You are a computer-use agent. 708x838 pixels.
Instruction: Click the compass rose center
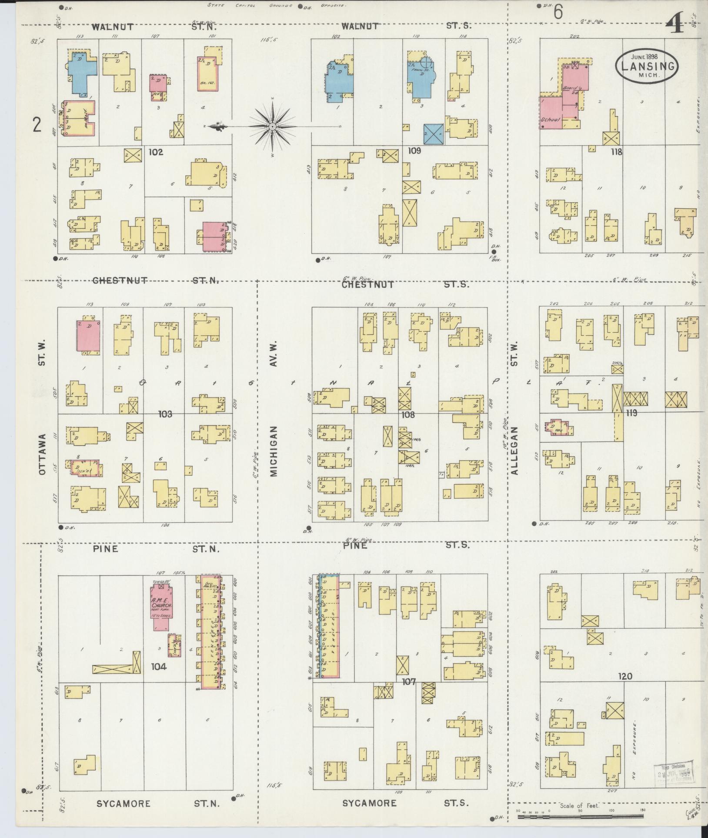point(272,127)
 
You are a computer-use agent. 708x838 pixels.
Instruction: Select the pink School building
point(551,112)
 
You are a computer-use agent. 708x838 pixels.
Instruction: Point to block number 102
point(155,153)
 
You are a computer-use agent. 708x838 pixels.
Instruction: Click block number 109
point(415,151)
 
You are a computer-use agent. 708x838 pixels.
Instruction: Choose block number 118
point(616,152)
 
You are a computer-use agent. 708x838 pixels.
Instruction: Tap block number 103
point(165,414)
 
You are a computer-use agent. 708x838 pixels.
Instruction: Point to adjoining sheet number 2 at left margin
point(37,126)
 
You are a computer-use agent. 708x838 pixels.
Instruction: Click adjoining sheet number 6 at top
point(558,13)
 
